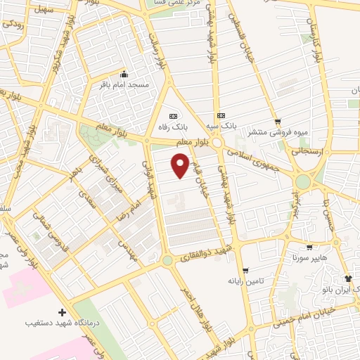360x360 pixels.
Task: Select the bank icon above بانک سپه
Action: click(221, 115)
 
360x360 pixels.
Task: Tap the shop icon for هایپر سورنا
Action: click(309, 247)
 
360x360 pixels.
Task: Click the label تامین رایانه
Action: click(264, 281)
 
